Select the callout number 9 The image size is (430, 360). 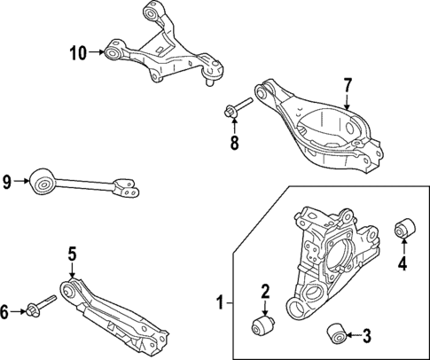click(8, 184)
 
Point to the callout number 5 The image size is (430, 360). click(72, 254)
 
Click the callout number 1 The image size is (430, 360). click(219, 304)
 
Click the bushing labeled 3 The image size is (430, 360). click(336, 334)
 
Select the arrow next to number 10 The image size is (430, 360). click(99, 53)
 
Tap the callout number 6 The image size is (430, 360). click(5, 310)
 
